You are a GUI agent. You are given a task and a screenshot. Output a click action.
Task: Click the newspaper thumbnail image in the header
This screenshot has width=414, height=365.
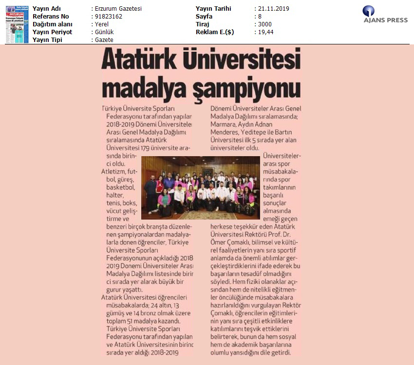pos(17,24)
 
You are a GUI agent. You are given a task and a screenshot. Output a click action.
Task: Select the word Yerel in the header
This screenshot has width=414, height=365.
pos(101,24)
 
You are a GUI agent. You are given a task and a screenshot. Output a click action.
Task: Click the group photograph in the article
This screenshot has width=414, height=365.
pos(200,187)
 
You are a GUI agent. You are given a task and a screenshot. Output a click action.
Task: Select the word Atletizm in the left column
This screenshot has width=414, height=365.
pos(113,172)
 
